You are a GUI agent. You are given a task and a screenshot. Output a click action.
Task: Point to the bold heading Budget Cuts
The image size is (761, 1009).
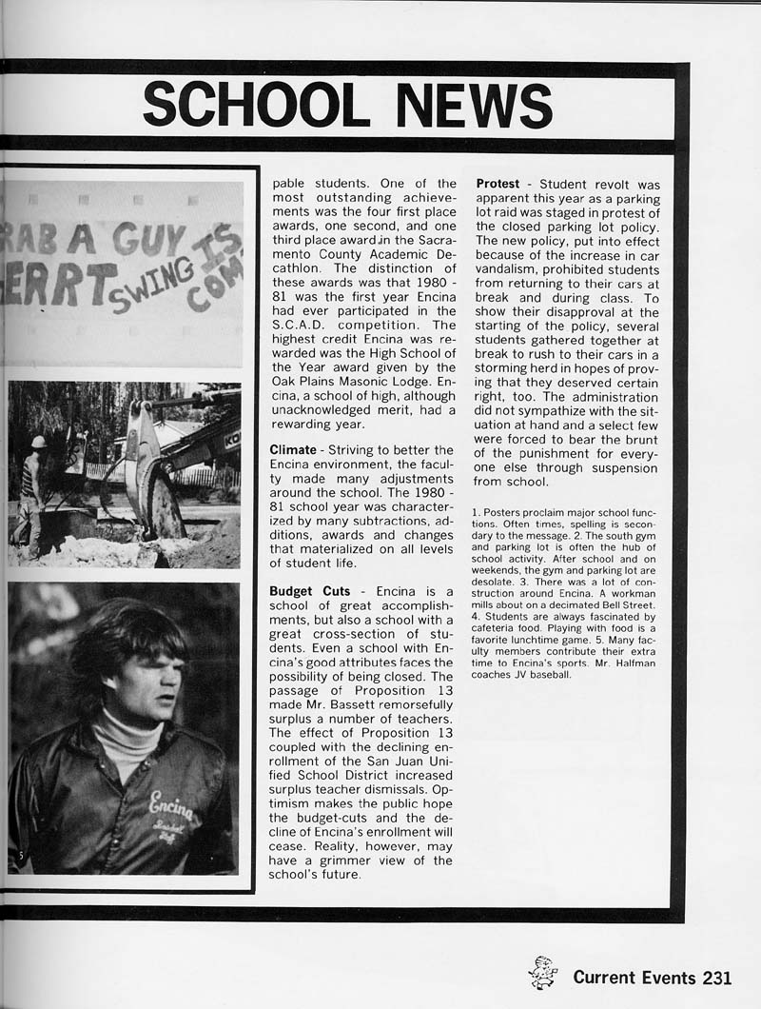point(310,591)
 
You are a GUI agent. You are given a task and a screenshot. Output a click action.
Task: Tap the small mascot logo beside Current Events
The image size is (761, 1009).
point(543,973)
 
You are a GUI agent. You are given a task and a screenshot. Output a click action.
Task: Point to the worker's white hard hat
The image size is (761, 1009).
point(38,442)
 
